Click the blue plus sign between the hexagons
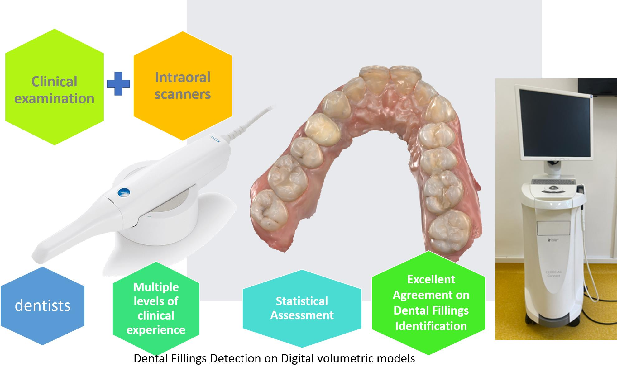click(x=118, y=83)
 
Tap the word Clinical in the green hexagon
click(x=54, y=82)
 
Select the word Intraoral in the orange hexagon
click(x=183, y=77)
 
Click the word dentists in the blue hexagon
click(x=43, y=305)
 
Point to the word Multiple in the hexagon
click(x=156, y=287)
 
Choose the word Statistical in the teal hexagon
click(x=302, y=301)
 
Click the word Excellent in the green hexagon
click(x=431, y=279)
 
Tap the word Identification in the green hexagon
click(x=431, y=326)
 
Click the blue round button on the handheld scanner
click(x=123, y=192)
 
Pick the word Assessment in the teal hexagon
click(x=302, y=315)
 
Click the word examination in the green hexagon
click(x=54, y=98)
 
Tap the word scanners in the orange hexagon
click(x=183, y=94)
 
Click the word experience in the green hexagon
click(x=156, y=330)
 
